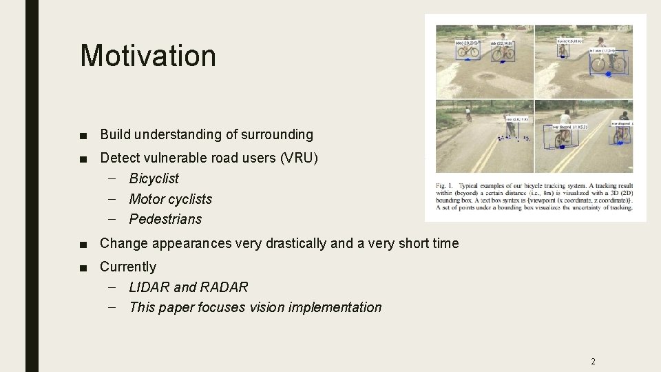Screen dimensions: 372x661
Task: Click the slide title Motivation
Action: [x=147, y=56]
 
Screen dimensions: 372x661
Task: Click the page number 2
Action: [x=593, y=361]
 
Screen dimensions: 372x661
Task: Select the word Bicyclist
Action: [x=154, y=178]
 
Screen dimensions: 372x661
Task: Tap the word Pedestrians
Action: [x=165, y=219]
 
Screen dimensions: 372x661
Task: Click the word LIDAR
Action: [x=149, y=287]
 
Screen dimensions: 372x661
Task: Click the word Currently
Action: [x=128, y=267]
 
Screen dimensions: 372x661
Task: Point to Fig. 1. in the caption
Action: [x=445, y=186]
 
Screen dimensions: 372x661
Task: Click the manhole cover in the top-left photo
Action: [x=485, y=76]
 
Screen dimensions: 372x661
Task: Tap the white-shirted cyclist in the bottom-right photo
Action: [x=565, y=127]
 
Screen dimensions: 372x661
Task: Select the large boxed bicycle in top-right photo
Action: [x=608, y=65]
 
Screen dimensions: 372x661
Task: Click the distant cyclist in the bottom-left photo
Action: [x=468, y=113]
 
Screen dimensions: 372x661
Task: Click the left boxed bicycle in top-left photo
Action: [x=468, y=52]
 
